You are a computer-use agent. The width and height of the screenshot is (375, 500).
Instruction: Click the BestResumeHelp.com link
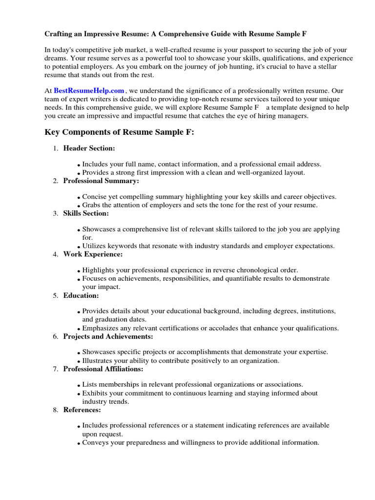pos(89,90)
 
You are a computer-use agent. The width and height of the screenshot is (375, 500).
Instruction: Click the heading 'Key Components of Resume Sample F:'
pos(119,132)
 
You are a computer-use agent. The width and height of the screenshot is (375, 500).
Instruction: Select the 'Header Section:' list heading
pos(89,148)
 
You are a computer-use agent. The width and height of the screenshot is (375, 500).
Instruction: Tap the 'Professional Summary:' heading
pos(101,181)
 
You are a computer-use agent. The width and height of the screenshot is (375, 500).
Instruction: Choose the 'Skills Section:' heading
pos(86,213)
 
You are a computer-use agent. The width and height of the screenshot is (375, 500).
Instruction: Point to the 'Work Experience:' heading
pos(93,254)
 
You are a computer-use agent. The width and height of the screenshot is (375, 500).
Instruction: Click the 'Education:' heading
pos(81,295)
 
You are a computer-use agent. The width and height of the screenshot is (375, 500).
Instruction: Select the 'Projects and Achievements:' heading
pos(108,336)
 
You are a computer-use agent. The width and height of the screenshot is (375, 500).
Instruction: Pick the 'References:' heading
pos(82,410)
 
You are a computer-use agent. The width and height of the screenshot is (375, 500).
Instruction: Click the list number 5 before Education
pos(55,296)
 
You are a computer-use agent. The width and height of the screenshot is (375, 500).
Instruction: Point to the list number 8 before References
pos(55,410)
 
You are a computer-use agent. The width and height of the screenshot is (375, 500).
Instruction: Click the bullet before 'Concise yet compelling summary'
pos(79,198)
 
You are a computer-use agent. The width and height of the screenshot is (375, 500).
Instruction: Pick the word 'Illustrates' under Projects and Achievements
pos(98,361)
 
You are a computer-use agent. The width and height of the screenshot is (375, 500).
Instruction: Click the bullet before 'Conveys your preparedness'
pos(79,444)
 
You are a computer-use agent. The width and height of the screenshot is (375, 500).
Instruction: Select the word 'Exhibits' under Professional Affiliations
pos(95,393)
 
